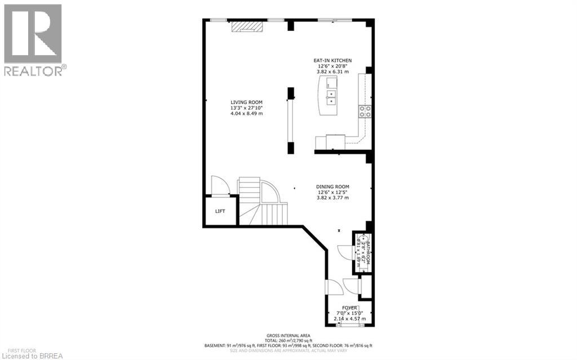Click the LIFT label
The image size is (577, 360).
click(220, 211)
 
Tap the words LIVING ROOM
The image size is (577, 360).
click(247, 102)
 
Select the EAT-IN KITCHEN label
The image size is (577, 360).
click(332, 60)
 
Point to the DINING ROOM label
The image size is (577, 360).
click(332, 186)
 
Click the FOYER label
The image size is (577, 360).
click(347, 307)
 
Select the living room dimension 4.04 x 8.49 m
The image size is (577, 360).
click(247, 114)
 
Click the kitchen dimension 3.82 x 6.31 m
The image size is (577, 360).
click(332, 72)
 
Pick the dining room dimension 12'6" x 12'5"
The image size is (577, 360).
click(332, 193)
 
